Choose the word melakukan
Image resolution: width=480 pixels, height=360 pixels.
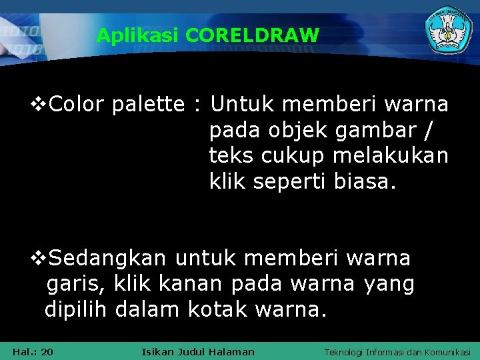[x=390, y=156]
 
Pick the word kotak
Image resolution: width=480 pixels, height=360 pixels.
[x=219, y=310]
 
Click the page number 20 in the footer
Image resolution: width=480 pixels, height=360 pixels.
[x=47, y=351]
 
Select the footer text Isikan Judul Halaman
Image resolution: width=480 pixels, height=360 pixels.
[x=198, y=351]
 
